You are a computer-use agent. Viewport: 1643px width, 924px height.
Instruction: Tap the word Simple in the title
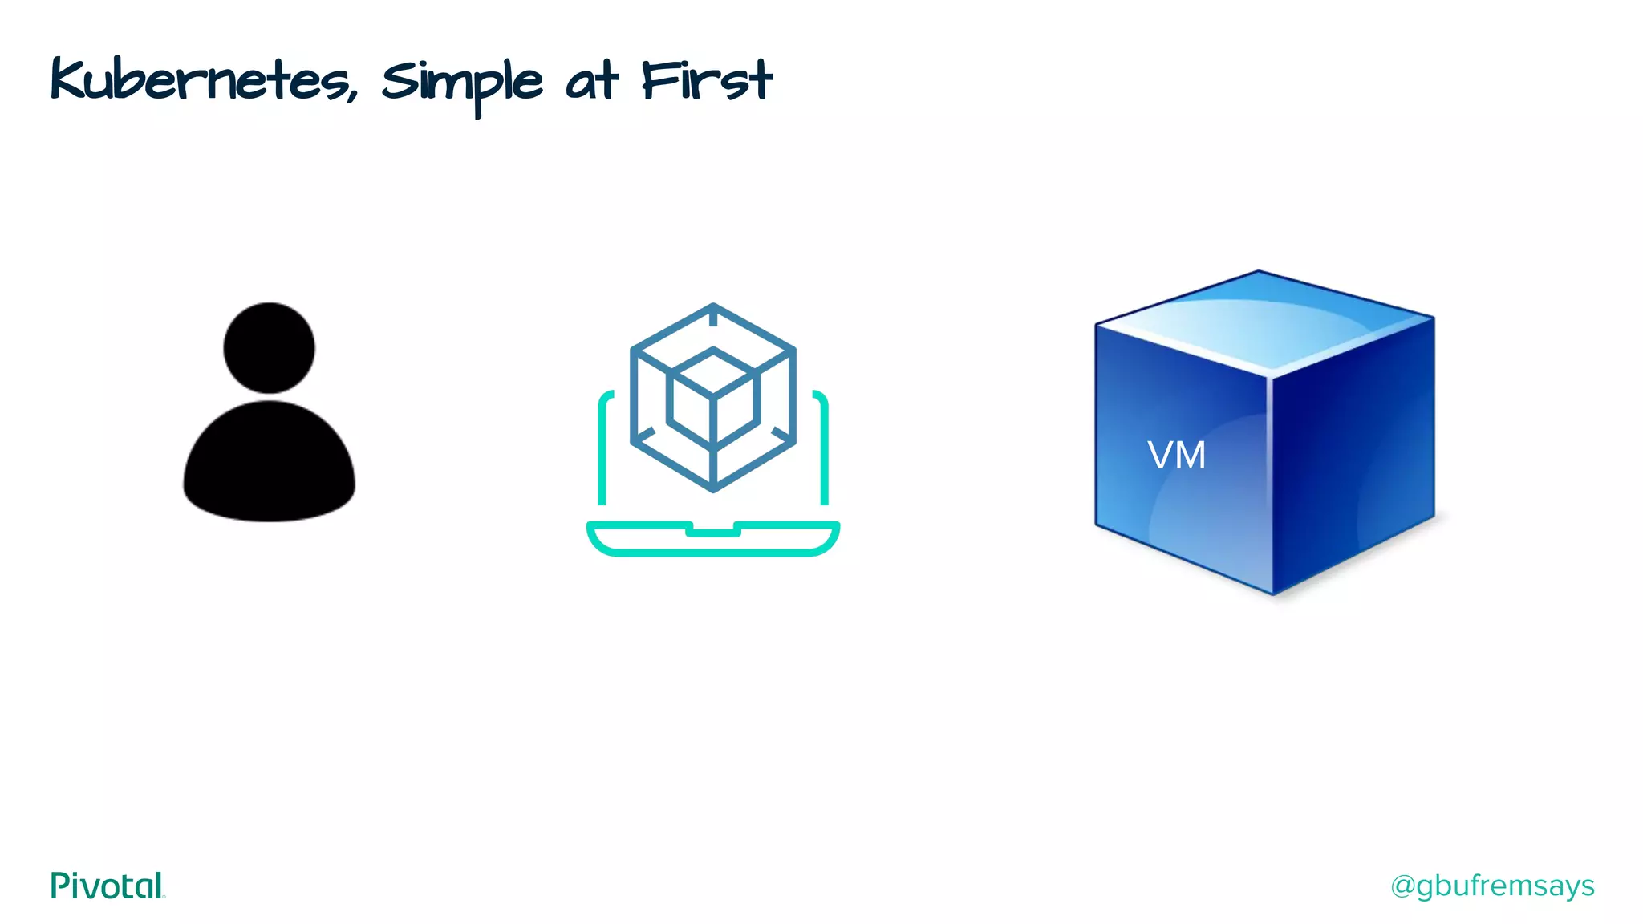pos(462,83)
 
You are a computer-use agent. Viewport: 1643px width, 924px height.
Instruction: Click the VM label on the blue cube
pos(1176,456)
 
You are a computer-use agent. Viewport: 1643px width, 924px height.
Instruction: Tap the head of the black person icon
pos(269,347)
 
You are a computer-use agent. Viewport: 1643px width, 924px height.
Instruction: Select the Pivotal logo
pos(108,885)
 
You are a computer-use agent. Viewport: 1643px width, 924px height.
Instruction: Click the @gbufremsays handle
pos(1492,885)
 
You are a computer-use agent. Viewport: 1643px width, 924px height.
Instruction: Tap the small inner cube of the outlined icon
pos(713,397)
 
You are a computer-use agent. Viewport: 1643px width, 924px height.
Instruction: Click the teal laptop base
pos(713,541)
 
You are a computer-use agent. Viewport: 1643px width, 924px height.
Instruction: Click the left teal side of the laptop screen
pos(602,449)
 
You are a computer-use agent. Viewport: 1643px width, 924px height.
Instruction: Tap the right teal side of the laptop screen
pos(824,449)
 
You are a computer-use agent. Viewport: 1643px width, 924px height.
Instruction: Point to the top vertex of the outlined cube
pos(713,306)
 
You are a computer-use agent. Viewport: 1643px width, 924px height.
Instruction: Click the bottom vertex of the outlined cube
pos(713,488)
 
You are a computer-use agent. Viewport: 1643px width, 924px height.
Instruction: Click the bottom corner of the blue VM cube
pos(1273,593)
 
